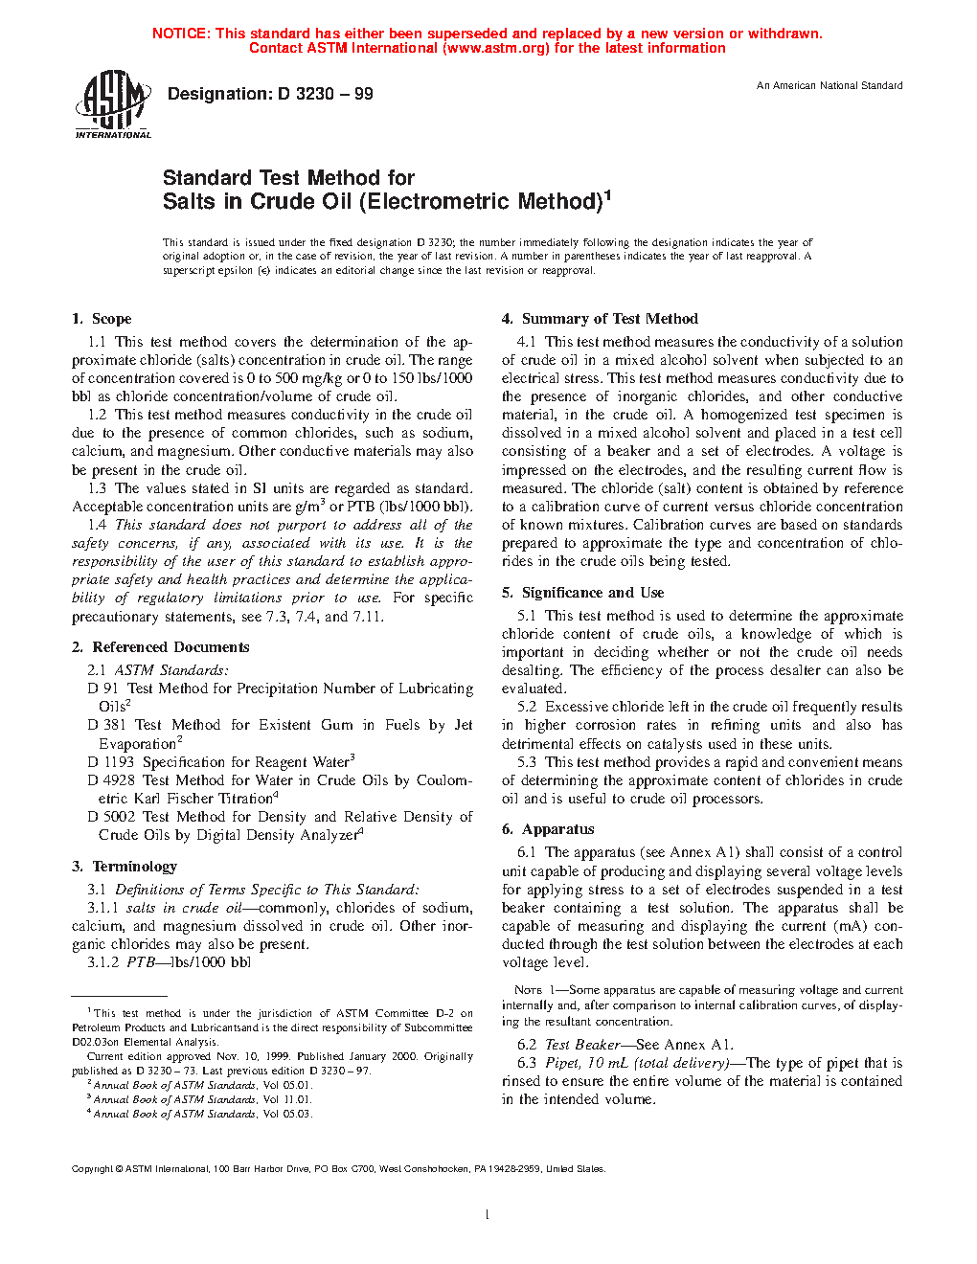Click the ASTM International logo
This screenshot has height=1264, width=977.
point(112,104)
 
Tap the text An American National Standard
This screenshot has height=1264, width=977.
point(829,86)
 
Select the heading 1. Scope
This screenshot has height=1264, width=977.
point(102,319)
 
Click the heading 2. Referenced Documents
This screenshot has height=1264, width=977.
point(160,647)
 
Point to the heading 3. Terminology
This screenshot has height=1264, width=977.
point(125,867)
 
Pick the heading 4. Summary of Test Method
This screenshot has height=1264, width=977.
point(600,319)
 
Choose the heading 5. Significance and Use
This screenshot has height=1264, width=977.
point(582,593)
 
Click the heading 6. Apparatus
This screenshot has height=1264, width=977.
point(548,829)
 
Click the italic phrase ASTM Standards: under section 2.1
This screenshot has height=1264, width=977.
point(171,670)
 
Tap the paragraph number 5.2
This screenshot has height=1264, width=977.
point(527,707)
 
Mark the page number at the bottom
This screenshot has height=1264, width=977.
point(488,1215)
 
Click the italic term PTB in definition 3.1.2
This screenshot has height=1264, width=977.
point(140,962)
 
